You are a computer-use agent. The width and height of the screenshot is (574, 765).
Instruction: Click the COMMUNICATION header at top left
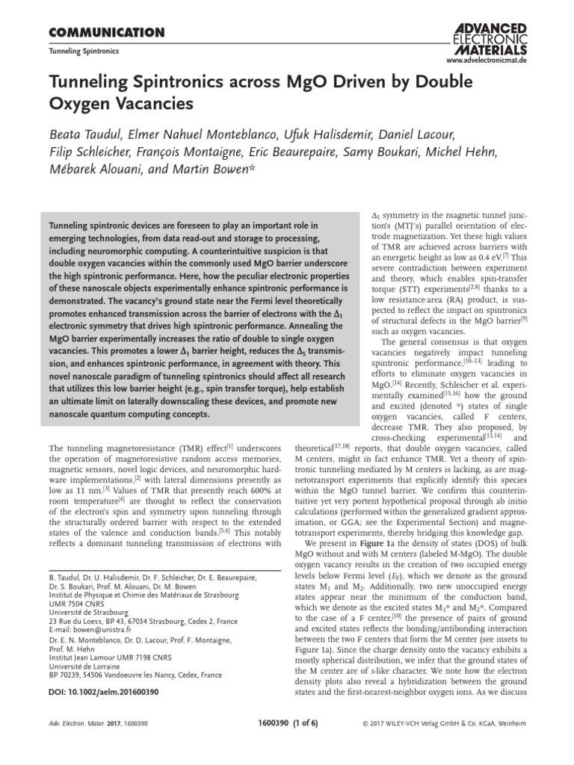[x=106, y=32]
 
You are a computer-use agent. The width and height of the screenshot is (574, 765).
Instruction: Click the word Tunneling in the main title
[x=88, y=81]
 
